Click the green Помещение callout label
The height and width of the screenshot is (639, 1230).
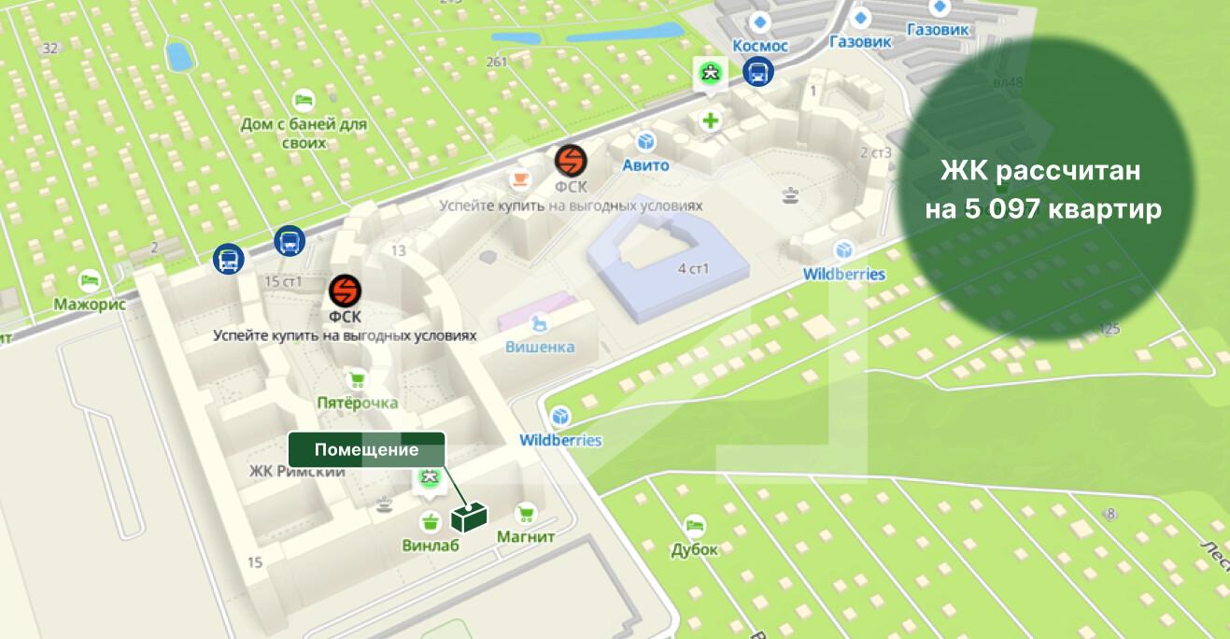[x=365, y=449]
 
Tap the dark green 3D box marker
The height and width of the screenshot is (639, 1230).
[x=469, y=517]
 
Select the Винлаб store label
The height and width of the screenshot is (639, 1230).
[x=430, y=546]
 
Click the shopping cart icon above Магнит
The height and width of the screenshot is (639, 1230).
[x=525, y=513]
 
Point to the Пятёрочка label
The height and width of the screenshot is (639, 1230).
[x=357, y=403]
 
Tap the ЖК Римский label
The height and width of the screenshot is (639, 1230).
[x=297, y=472]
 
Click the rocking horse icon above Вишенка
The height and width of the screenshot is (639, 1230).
[x=539, y=323]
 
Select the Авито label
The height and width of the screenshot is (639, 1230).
[x=645, y=165]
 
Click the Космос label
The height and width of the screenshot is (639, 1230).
[x=760, y=46]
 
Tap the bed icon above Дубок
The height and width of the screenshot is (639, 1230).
[x=694, y=526]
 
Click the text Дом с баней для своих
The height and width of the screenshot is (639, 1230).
[x=303, y=134]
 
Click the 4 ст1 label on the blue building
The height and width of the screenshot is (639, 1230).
[x=693, y=269]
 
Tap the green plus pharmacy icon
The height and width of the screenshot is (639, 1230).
[x=711, y=120]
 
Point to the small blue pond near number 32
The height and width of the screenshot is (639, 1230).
[x=177, y=55]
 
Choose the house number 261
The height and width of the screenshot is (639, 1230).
[x=496, y=63]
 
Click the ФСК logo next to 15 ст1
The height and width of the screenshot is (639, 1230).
[x=345, y=291]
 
